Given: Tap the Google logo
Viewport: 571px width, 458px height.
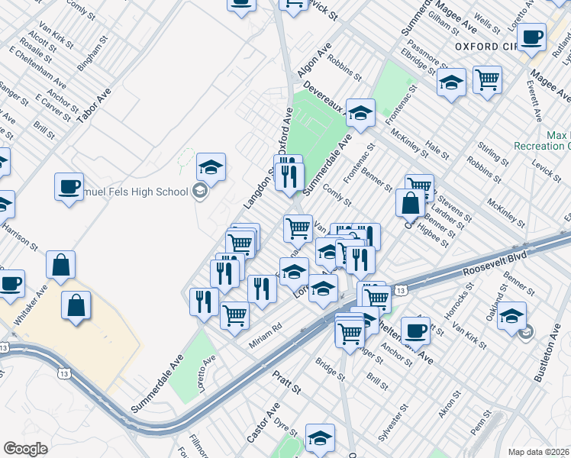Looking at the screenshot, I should pyautogui.click(x=25, y=449).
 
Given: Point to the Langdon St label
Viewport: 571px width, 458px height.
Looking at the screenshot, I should pyautogui.click(x=259, y=191).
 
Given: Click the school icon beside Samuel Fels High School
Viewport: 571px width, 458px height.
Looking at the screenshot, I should pyautogui.click(x=201, y=191).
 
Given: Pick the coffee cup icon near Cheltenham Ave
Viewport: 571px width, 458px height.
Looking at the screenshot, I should pyautogui.click(x=415, y=331).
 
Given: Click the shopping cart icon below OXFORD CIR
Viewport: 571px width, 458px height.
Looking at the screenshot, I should pyautogui.click(x=487, y=77).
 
